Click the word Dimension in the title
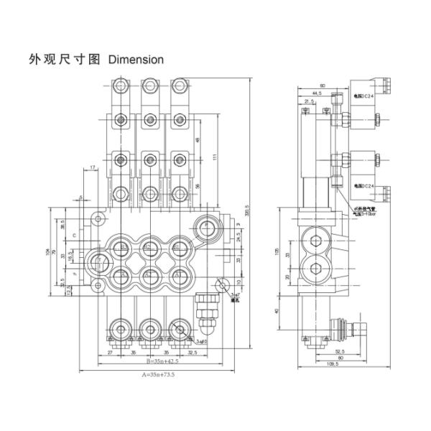pyautogui.click(x=136, y=59)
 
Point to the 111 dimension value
pyautogui.click(x=213, y=159)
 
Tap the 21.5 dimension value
pyautogui.click(x=310, y=101)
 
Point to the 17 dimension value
pyautogui.click(x=94, y=168)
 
